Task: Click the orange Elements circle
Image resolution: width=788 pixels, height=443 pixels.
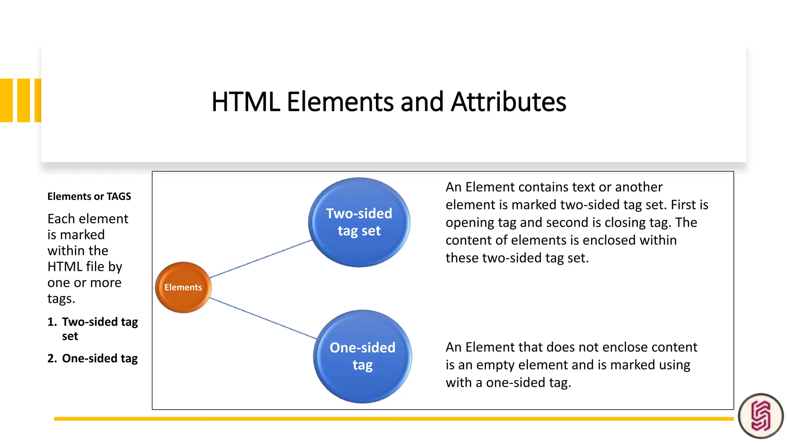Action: pyautogui.click(x=183, y=287)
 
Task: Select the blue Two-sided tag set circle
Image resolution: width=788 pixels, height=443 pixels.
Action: pyautogui.click(x=359, y=222)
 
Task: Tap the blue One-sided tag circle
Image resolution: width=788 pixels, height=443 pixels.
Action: pyautogui.click(x=362, y=356)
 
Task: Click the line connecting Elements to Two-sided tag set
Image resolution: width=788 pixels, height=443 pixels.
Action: pyautogui.click(x=261, y=259)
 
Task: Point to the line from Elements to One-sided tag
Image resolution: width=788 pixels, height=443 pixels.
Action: pyautogui.click(x=263, y=318)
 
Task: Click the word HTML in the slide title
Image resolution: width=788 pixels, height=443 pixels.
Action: pyautogui.click(x=246, y=102)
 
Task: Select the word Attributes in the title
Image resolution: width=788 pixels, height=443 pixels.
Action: pyautogui.click(x=508, y=102)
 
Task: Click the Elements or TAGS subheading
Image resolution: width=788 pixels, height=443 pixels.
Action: pyautogui.click(x=89, y=197)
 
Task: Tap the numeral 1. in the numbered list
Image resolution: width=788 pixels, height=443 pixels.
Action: pyautogui.click(x=52, y=322)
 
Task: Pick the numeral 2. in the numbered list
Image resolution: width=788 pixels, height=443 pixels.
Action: pyautogui.click(x=52, y=358)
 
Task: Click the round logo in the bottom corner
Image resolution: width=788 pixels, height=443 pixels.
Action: pyautogui.click(x=761, y=416)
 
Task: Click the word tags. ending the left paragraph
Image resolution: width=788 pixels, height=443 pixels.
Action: pyautogui.click(x=61, y=299)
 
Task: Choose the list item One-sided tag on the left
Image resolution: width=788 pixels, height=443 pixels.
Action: pyautogui.click(x=100, y=358)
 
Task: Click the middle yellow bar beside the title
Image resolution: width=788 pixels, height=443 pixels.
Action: pyautogui.click(x=23, y=100)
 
